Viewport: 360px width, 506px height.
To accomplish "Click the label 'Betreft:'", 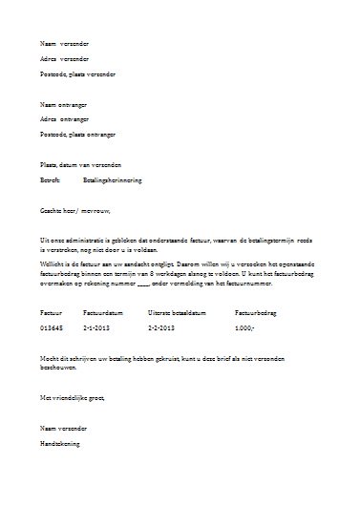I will [x=50, y=179].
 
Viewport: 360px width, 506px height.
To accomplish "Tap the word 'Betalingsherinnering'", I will [x=116, y=179].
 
